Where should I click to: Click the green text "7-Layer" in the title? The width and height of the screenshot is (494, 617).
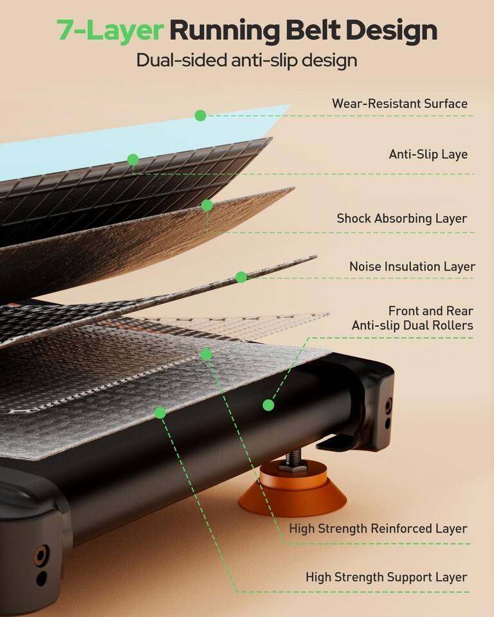click(110, 30)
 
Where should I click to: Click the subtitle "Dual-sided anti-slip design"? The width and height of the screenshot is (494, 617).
click(246, 61)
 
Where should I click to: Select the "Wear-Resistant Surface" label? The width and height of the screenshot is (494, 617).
click(399, 103)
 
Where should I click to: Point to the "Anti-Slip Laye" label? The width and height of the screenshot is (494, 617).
click(428, 154)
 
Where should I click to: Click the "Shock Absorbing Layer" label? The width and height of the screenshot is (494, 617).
click(401, 219)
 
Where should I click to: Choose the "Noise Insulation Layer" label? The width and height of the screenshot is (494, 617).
click(412, 266)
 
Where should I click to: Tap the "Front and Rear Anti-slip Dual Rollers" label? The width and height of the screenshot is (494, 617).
click(412, 318)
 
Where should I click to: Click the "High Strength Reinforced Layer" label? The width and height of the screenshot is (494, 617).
click(378, 529)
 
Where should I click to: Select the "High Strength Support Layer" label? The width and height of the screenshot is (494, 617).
click(386, 577)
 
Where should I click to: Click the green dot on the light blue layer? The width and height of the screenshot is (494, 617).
click(201, 116)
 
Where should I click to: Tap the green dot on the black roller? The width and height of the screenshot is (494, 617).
click(268, 405)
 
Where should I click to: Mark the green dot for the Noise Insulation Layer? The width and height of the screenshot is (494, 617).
click(241, 277)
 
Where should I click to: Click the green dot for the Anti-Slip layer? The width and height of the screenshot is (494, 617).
click(133, 159)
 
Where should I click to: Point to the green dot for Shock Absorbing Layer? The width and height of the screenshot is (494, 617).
click(207, 205)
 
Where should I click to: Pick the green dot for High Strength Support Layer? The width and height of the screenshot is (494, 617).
click(160, 413)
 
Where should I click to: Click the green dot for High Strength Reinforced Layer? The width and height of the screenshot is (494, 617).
click(206, 354)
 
